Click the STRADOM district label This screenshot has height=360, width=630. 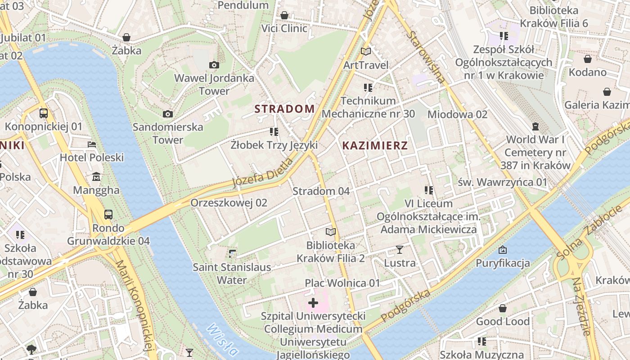click(284, 109)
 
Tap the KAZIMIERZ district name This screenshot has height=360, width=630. click(375, 145)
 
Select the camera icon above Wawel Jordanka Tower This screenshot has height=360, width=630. click(214, 65)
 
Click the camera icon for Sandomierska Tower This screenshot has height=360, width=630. click(168, 114)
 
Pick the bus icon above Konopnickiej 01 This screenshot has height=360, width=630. click(44, 113)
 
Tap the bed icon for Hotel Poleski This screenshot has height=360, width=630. click(92, 144)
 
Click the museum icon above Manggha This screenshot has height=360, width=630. click(96, 177)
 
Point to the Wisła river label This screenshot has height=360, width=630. click(222, 340)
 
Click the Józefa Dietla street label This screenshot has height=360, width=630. click(262, 173)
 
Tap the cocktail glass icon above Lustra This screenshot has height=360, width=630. click(399, 249)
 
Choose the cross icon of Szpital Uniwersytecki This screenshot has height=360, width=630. click(313, 303)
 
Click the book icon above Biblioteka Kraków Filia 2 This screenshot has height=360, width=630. click(331, 232)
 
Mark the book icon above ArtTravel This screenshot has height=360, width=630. click(366, 52)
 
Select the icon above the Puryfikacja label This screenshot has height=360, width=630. click(503, 250)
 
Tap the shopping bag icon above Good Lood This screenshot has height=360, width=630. click(503, 308)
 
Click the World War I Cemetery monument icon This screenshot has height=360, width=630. click(535, 126)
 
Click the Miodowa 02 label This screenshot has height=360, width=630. click(457, 114)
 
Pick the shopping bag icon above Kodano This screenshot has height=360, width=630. click(588, 59)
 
